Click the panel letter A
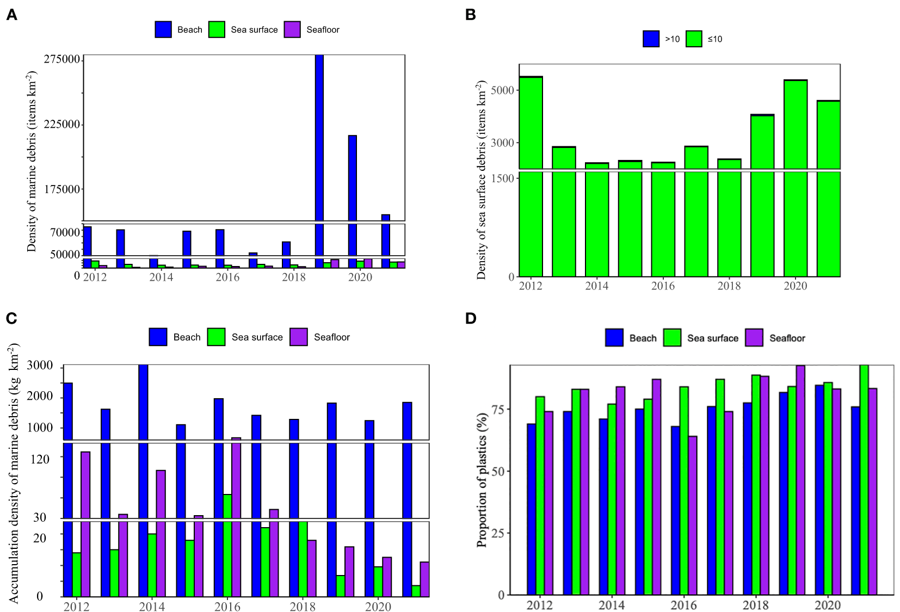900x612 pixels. click(x=11, y=15)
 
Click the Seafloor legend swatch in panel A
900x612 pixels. click(x=292, y=30)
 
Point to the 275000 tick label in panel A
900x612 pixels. click(x=62, y=59)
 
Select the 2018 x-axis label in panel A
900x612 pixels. click(x=293, y=277)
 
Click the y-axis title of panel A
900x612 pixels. click(x=32, y=162)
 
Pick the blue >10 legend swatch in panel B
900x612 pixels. click(x=651, y=39)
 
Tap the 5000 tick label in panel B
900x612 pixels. click(x=502, y=90)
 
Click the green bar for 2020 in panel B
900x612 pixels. click(x=795, y=180)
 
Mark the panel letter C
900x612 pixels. click(x=11, y=319)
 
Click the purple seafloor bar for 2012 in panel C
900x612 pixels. click(x=85, y=522)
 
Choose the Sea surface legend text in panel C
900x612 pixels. click(x=257, y=337)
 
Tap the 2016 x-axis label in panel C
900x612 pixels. click(x=227, y=607)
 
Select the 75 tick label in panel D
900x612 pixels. click(x=497, y=409)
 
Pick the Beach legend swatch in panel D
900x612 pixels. click(x=614, y=338)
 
